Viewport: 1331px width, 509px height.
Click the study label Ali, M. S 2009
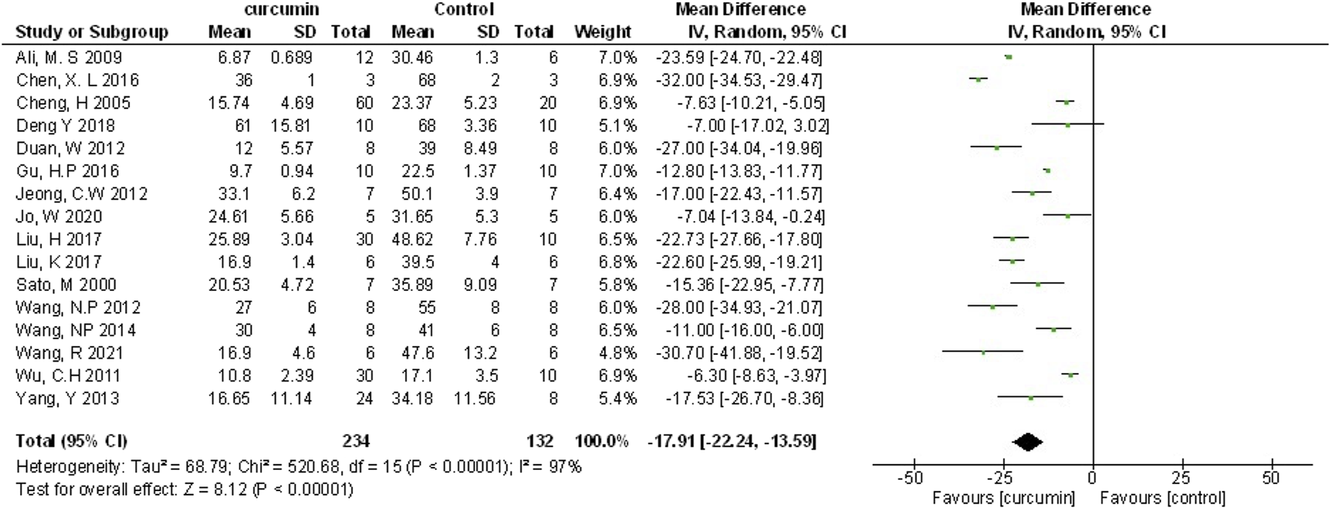[x=68, y=58]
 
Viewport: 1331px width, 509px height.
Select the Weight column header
[x=603, y=32]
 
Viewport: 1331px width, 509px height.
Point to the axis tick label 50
[x=1271, y=478]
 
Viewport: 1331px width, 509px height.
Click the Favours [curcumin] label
[x=1003, y=498]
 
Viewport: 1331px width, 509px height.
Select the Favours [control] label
[x=1162, y=498]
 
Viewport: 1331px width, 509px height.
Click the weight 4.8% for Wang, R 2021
[x=617, y=353]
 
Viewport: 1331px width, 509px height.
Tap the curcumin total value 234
[x=356, y=441]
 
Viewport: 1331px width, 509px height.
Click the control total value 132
[x=539, y=441]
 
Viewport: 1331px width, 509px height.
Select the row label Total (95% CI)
[x=71, y=441]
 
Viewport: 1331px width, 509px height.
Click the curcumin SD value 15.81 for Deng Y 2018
[x=291, y=126]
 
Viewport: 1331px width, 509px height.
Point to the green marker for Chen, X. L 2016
[x=978, y=79]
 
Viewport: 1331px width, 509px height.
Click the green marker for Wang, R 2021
[x=982, y=351]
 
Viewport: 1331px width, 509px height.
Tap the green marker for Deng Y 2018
[x=1067, y=124]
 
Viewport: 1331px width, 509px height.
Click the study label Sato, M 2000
[x=66, y=285]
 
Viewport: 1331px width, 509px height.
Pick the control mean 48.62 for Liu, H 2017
[x=412, y=239]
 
